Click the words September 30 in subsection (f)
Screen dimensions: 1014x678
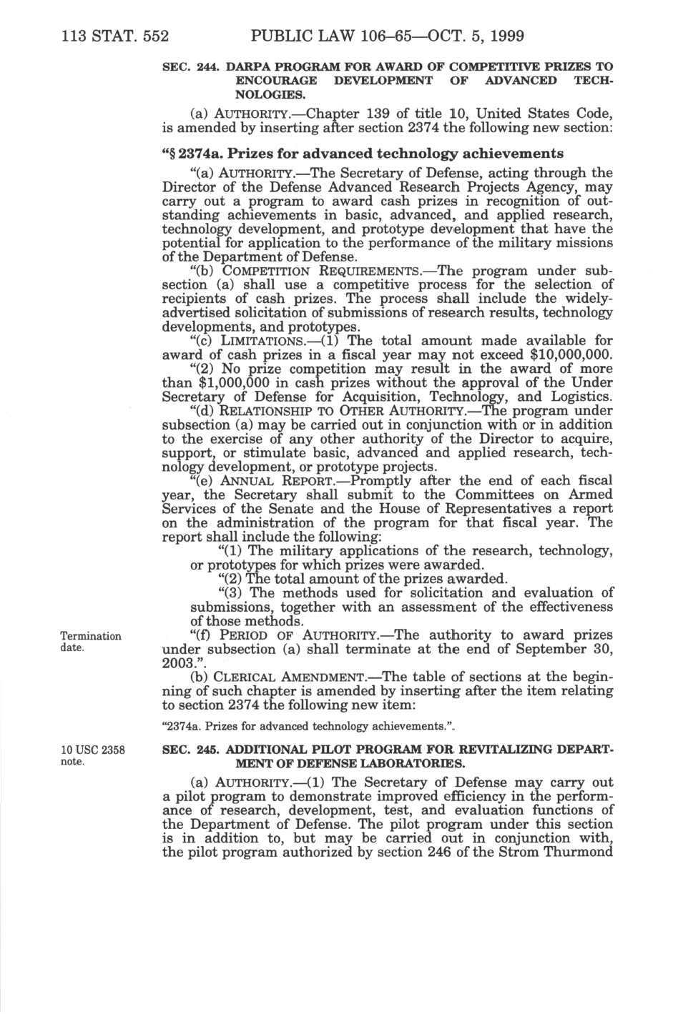tap(568, 650)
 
